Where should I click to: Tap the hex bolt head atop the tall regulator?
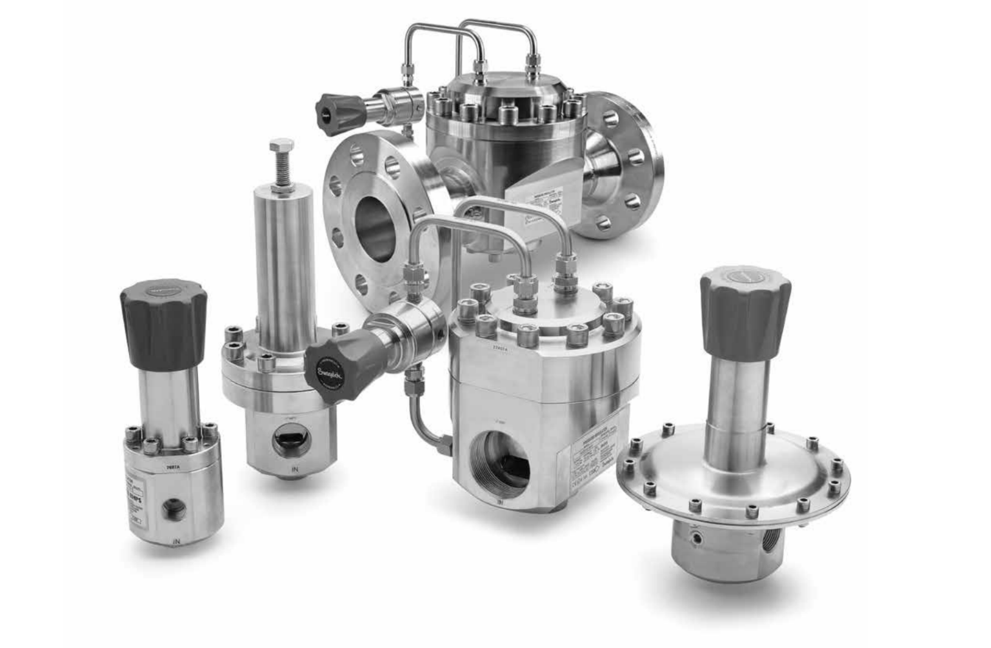282,147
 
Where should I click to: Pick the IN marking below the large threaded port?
499,501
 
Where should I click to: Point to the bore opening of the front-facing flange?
376,228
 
